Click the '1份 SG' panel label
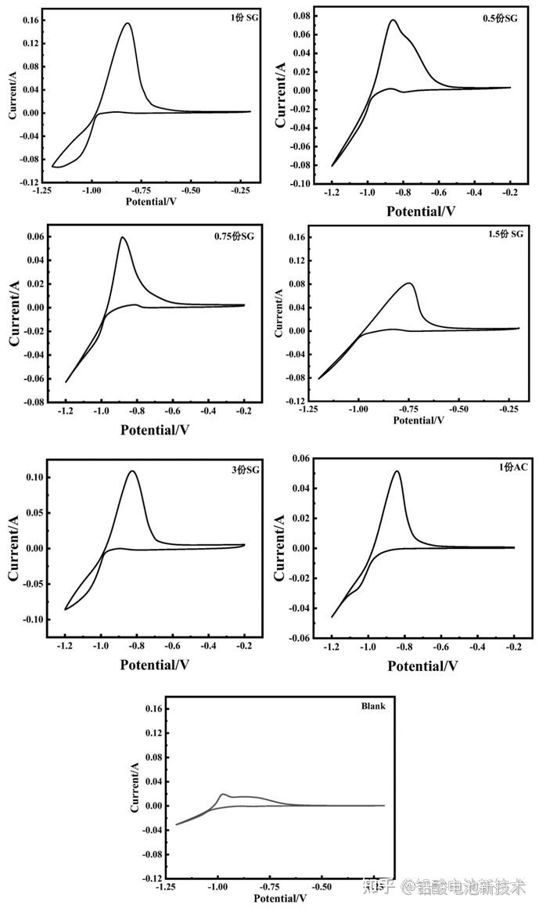click(244, 17)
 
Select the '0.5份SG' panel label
click(500, 19)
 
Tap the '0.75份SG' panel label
click(234, 236)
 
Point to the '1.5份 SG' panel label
click(505, 233)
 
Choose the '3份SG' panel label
click(246, 470)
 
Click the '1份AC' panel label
click(513, 467)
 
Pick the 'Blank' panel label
click(373, 706)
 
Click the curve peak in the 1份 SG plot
click(128, 23)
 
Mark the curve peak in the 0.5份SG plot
click(393, 20)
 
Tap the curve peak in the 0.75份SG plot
click(122, 236)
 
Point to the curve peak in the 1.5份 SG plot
click(409, 283)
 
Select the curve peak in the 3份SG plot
click(132, 471)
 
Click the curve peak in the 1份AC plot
click(397, 471)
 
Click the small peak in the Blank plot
click(224, 794)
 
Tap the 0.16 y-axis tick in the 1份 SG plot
click(31, 20)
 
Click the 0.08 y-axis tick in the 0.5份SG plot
click(301, 16)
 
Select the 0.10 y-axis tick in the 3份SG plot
click(34, 477)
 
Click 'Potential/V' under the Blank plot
click(280, 899)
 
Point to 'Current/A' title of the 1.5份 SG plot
click(279, 312)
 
